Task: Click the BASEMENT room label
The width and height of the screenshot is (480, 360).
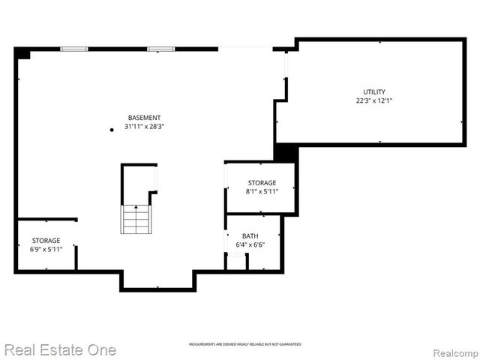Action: click(x=144, y=118)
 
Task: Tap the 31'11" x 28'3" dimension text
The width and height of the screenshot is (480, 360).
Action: click(x=144, y=127)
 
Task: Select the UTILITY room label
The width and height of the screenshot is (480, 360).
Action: click(x=374, y=91)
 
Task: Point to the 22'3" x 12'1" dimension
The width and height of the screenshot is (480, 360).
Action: click(x=374, y=100)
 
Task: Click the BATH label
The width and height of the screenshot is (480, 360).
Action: click(x=250, y=235)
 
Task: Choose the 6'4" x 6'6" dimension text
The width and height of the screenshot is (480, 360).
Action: click(x=250, y=244)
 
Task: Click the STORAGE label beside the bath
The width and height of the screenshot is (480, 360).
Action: click(x=262, y=183)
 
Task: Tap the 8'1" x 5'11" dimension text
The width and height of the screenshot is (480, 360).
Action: click(x=262, y=192)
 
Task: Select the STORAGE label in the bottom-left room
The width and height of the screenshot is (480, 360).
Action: click(x=46, y=241)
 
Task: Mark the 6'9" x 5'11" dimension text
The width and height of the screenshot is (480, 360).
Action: click(x=46, y=250)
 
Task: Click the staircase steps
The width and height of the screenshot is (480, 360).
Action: click(x=136, y=220)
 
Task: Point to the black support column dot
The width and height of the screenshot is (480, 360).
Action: click(x=112, y=130)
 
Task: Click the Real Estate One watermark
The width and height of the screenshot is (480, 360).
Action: click(x=60, y=349)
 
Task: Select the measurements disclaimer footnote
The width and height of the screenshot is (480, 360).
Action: click(x=244, y=344)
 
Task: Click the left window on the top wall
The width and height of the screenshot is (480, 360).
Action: click(x=73, y=49)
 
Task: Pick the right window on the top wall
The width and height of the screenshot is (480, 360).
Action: click(x=160, y=49)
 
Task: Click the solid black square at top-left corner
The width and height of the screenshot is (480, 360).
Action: click(x=22, y=53)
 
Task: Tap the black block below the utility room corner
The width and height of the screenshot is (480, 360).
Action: click(x=286, y=152)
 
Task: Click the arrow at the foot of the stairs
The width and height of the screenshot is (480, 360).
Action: click(x=136, y=207)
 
